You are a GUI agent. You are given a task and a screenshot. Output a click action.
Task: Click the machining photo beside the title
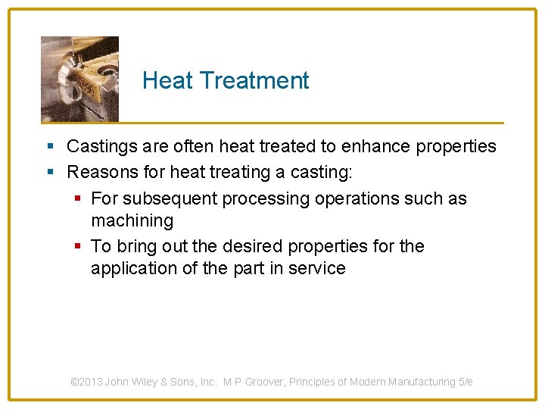(79, 79)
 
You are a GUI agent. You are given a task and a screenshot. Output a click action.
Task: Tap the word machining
(132, 220)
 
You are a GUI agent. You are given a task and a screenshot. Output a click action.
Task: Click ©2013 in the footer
(86, 382)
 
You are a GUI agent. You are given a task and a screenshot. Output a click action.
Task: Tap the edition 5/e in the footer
(466, 382)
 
